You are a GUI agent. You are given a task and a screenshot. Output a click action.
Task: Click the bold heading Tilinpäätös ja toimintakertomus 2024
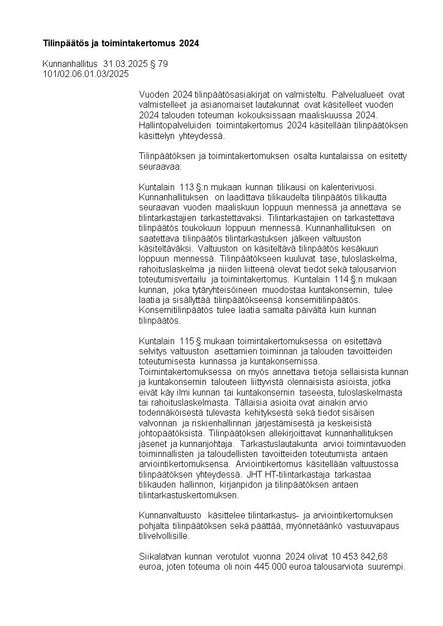(x=121, y=43)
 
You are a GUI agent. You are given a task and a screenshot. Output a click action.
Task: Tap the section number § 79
(x=159, y=64)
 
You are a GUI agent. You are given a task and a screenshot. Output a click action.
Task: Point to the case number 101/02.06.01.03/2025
(x=86, y=74)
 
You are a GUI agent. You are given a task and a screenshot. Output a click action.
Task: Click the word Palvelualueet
(x=359, y=94)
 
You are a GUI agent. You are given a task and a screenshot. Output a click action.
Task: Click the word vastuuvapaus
(x=373, y=525)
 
